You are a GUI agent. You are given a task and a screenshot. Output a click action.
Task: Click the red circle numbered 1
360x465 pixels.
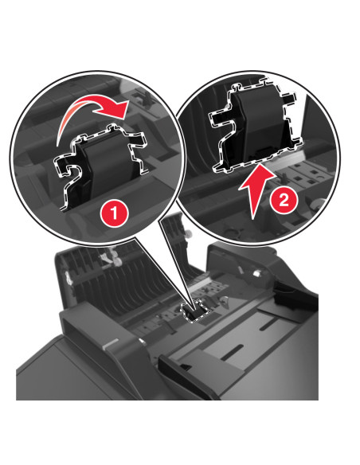click(114, 213)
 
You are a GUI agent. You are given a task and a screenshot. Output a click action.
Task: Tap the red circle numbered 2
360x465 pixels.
click(284, 200)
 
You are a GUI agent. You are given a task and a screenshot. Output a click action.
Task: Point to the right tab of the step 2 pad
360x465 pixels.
click(289, 97)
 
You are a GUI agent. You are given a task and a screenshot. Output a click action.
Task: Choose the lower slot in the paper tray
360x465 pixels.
click(232, 353)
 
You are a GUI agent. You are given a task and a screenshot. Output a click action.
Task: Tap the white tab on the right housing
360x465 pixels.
click(256, 273)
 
